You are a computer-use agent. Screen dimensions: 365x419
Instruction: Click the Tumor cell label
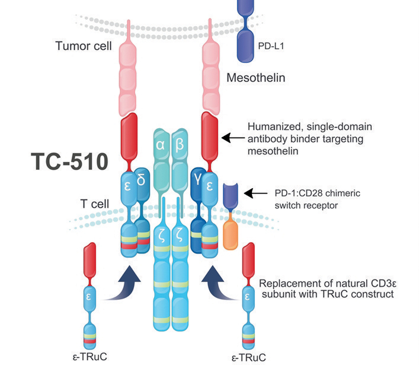[81, 46]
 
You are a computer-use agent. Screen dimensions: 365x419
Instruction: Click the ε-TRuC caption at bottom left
[87, 356]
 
